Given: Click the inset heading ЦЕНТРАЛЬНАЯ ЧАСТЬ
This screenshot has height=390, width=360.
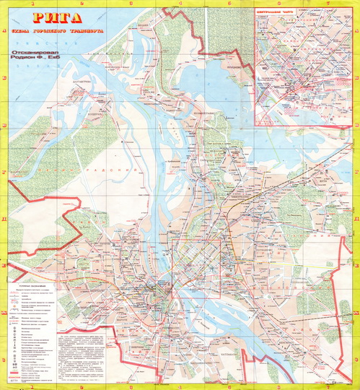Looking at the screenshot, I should point(277,12).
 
